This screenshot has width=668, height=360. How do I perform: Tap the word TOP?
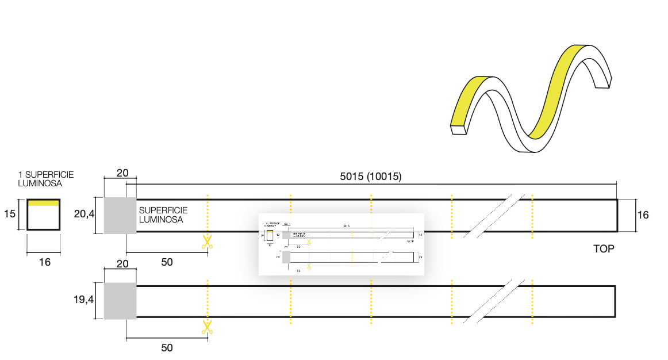coord(604,249)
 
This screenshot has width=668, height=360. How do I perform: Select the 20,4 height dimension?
coord(84,215)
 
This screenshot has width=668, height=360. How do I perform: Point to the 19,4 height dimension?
coord(84,300)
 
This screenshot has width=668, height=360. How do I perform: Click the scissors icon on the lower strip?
coord(207,327)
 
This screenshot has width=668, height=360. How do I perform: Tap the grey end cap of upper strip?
coord(120,216)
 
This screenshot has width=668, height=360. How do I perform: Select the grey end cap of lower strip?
coord(120,301)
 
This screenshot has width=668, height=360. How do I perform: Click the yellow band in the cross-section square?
coord(43,202)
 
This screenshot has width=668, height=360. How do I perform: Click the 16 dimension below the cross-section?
coord(44,262)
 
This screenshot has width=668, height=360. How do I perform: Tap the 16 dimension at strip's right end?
coord(643,215)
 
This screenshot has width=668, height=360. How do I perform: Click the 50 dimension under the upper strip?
coord(167,262)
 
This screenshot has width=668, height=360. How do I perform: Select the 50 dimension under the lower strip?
coord(167,347)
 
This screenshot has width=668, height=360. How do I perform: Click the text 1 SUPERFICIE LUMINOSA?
coord(46,179)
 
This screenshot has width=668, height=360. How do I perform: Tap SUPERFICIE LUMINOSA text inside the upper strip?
coord(163,215)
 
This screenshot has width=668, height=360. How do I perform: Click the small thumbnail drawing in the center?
coord(341,244)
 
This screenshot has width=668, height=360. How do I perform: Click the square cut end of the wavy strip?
coord(458,131)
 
